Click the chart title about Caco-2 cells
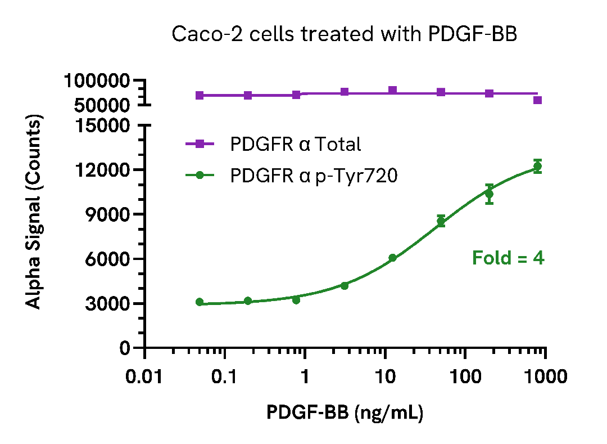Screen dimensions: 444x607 [x=343, y=34]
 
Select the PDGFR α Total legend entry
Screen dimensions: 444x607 [x=295, y=144]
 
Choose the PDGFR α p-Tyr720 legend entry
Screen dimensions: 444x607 [x=314, y=176]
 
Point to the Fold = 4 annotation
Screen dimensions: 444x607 [x=508, y=258]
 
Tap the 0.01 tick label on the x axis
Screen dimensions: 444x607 [x=145, y=376]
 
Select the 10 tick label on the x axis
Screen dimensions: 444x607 [x=384, y=376]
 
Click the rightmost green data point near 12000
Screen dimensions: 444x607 [x=537, y=166]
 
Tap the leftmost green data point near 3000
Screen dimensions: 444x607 [x=200, y=302]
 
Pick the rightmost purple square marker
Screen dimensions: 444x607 [x=537, y=100]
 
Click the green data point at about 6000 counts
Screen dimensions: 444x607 [x=392, y=258]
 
